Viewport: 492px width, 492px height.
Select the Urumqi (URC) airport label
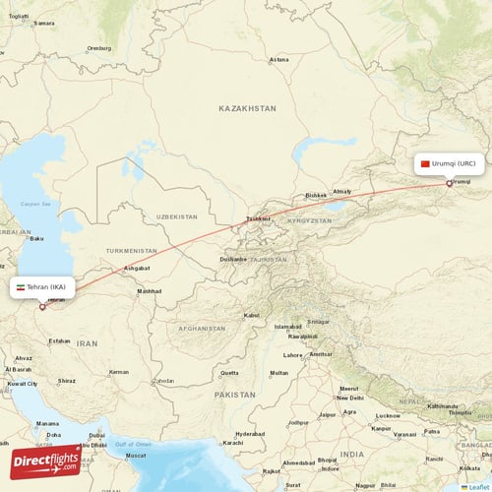450,163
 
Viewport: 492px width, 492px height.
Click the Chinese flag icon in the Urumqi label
425,163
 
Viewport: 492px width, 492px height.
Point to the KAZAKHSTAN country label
248,108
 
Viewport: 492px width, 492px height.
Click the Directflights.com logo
45,461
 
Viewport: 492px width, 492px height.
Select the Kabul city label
251,315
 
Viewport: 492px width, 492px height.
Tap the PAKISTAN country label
234,393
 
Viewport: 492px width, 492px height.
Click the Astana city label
280,59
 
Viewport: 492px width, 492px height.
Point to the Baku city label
37,238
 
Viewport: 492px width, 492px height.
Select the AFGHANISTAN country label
202,327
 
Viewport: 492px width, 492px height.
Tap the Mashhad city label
149,291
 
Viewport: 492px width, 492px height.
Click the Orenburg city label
99,47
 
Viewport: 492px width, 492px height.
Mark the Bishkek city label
316,195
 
